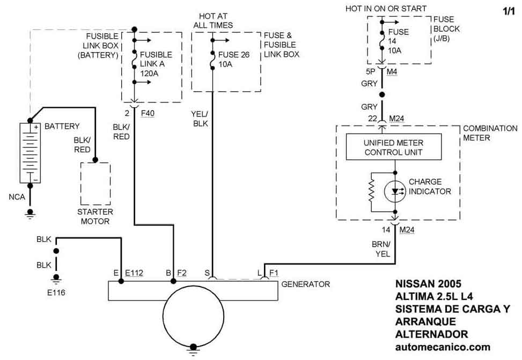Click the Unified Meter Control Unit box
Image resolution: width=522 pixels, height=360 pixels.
pos(394,147)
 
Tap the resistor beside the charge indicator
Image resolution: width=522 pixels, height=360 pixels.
pos(370,191)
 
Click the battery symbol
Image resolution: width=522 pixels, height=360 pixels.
pos(30,153)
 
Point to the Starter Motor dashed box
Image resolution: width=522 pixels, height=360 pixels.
pos(95,183)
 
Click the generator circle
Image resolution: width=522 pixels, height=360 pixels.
pos(194,321)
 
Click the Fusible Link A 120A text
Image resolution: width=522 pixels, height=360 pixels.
pos(156,64)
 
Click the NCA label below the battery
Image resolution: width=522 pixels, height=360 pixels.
pos(17,197)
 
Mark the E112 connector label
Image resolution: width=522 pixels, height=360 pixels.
pos(134,273)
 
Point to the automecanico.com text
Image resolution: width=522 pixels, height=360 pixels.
pos(443,347)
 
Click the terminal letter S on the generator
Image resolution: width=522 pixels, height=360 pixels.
pos(207,273)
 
